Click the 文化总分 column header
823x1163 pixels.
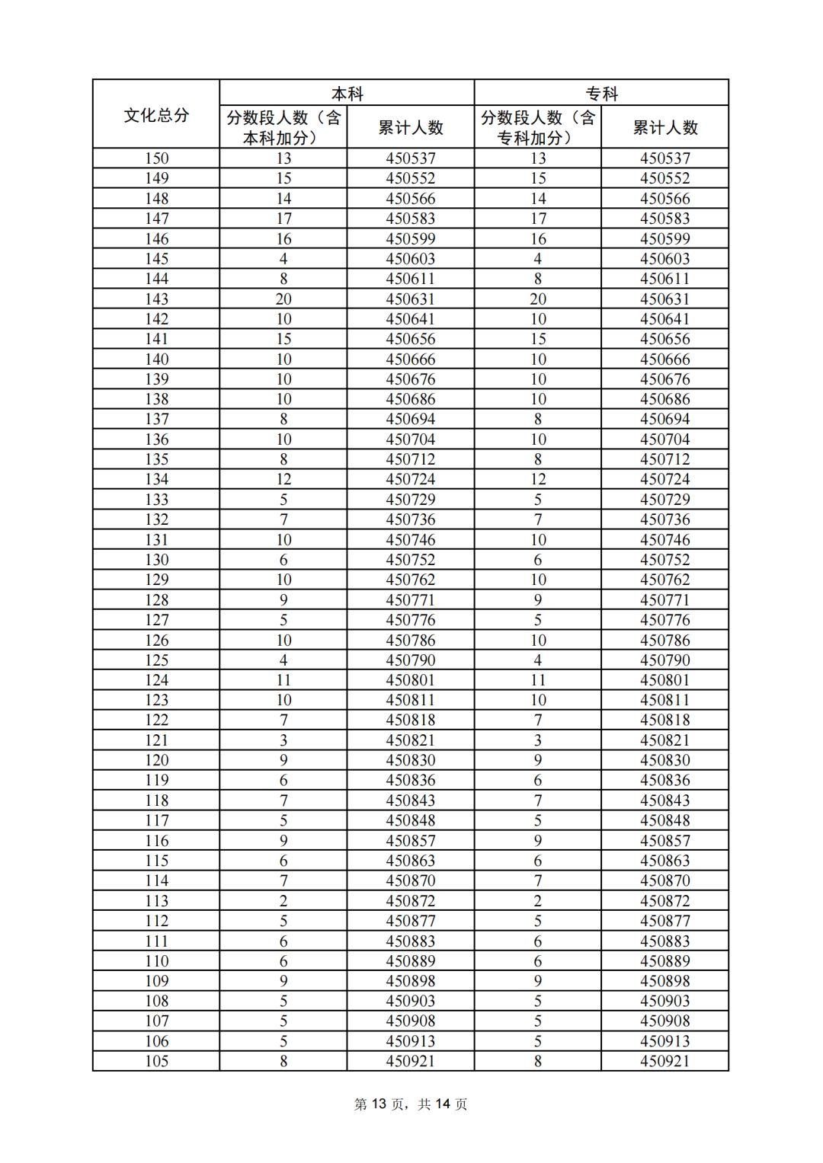[156, 115]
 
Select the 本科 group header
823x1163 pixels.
[347, 94]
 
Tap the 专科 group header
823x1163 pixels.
[601, 94]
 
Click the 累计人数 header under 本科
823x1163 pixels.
[411, 127]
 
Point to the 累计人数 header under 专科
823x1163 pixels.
[665, 127]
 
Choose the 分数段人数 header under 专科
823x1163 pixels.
[537, 127]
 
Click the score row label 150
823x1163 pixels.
[156, 158]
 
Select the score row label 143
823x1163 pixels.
[156, 299]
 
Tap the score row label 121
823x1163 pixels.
[156, 740]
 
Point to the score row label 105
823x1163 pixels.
[156, 1061]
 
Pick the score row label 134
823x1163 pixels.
[156, 479]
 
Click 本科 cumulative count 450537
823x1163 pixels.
[411, 158]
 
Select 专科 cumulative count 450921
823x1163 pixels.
[665, 1061]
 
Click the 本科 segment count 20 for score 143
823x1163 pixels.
[283, 299]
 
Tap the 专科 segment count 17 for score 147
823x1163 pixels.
[538, 219]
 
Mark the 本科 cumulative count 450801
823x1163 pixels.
[411, 679]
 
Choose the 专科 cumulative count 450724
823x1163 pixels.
[665, 479]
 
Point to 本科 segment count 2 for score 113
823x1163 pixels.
[283, 900]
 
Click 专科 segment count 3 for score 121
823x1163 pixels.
[538, 740]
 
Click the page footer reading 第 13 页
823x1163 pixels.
[380, 1104]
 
